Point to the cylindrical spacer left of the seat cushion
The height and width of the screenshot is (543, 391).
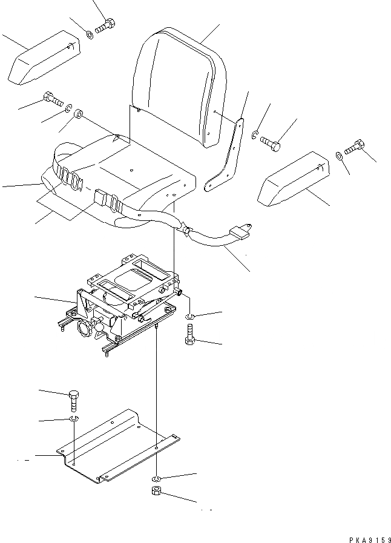78,114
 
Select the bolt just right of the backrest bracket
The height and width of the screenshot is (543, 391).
270,143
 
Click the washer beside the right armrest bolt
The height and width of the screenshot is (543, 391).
338,156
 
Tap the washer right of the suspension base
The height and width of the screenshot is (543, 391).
189,316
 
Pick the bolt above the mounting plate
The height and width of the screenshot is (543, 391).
73,399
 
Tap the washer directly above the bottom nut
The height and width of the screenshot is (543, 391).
156,478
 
